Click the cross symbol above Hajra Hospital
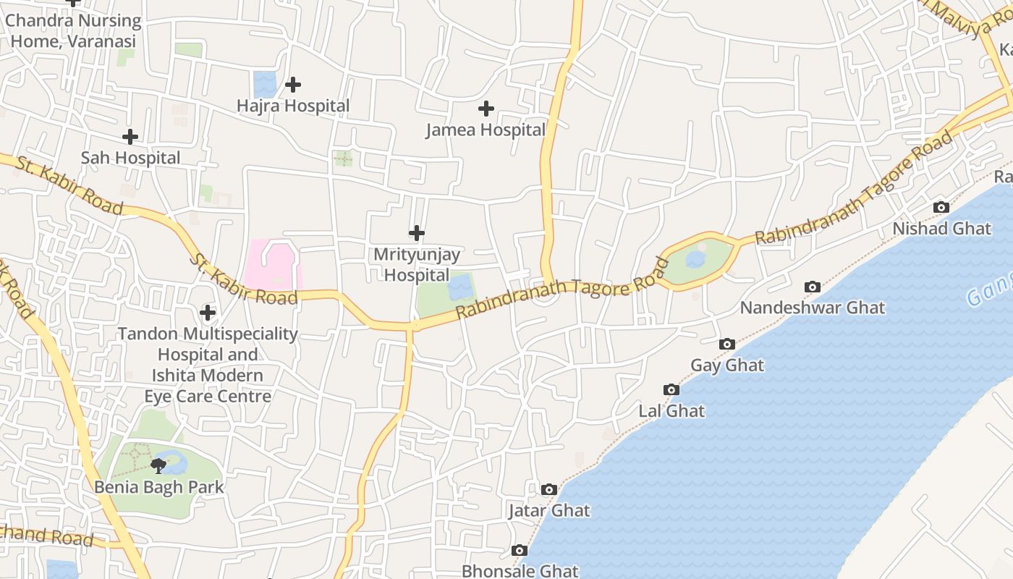click(x=292, y=85)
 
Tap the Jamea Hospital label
click(x=486, y=130)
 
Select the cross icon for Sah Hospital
click(x=130, y=136)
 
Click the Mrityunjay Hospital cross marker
click(x=417, y=233)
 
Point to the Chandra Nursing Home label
click(x=73, y=30)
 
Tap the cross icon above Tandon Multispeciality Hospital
click(x=208, y=313)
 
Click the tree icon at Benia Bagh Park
click(x=158, y=465)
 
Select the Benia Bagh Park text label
click(x=159, y=487)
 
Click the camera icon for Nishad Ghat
click(x=941, y=207)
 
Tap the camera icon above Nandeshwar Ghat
click(x=813, y=287)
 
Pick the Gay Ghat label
click(x=727, y=365)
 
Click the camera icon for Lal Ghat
click(x=671, y=389)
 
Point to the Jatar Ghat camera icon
click(x=549, y=489)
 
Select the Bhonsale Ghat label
click(x=520, y=571)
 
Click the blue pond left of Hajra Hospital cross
click(x=265, y=84)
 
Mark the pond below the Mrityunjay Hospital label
click(x=460, y=287)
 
